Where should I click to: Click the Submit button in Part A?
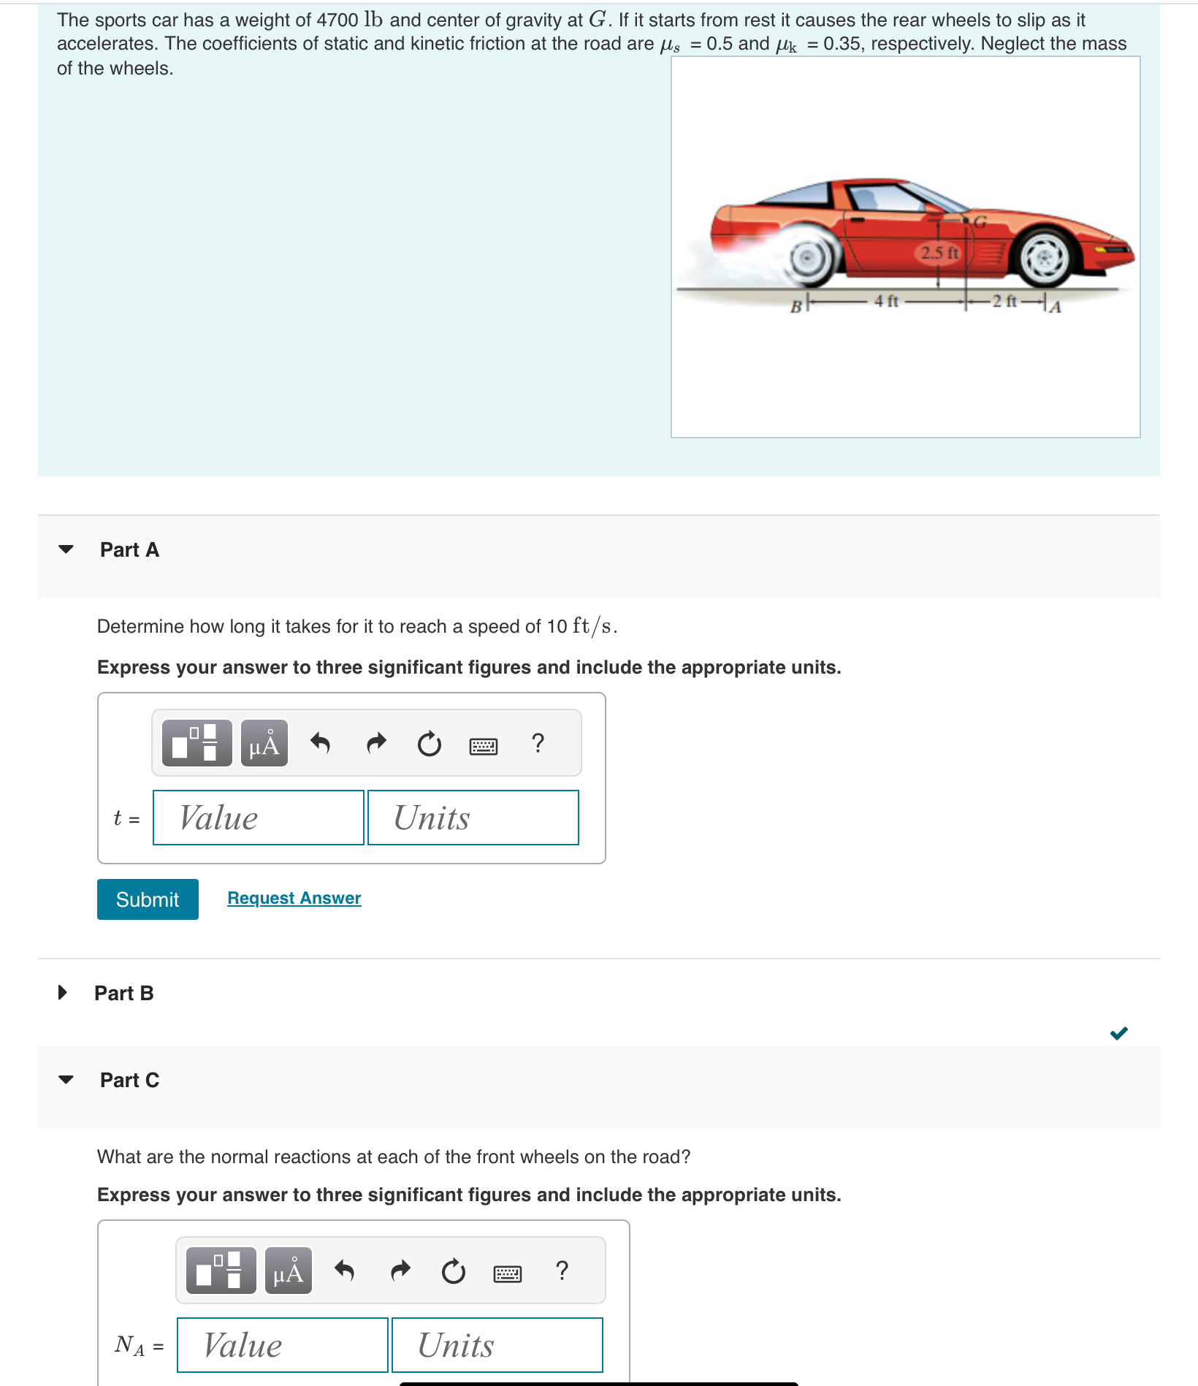pyautogui.click(x=148, y=899)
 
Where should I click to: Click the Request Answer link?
pyautogui.click(x=294, y=898)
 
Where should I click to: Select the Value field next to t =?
pyautogui.click(x=258, y=818)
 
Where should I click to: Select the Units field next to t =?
pyautogui.click(x=473, y=818)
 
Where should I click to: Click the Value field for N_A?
pyautogui.click(x=282, y=1345)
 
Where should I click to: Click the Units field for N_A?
pyautogui.click(x=497, y=1345)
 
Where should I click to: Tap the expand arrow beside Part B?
pyautogui.click(x=63, y=992)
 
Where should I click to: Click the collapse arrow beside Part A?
pyautogui.click(x=66, y=549)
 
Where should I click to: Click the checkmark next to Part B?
pyautogui.click(x=1118, y=1033)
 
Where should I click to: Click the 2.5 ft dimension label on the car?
pyautogui.click(x=939, y=253)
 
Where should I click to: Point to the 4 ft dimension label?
pyautogui.click(x=886, y=301)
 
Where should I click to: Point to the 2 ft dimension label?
pyautogui.click(x=1004, y=301)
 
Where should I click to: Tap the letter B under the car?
pyautogui.click(x=796, y=307)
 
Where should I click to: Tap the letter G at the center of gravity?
pyautogui.click(x=980, y=222)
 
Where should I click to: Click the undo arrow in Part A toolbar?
pyautogui.click(x=321, y=744)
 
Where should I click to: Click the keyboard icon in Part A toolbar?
pyautogui.click(x=484, y=746)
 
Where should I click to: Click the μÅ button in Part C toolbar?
pyautogui.click(x=289, y=1272)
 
